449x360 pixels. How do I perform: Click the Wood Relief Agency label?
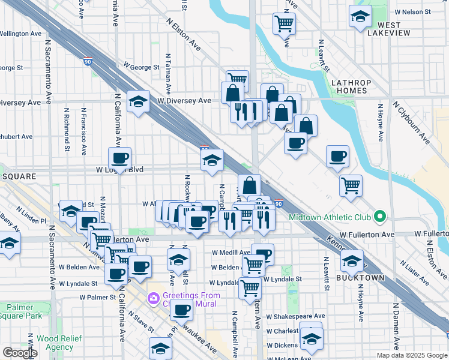coord(55,343)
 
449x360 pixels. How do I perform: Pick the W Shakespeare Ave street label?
coord(295,316)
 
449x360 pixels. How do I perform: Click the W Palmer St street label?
coord(98,297)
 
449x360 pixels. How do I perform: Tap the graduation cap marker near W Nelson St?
coord(360,17)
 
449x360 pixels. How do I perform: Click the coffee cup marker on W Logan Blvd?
coord(119,159)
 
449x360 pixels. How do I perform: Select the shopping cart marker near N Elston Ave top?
coord(284,25)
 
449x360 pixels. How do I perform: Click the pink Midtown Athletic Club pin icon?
coord(379,217)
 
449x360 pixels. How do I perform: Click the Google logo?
coord(20,353)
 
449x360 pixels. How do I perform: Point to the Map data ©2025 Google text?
coord(411,355)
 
